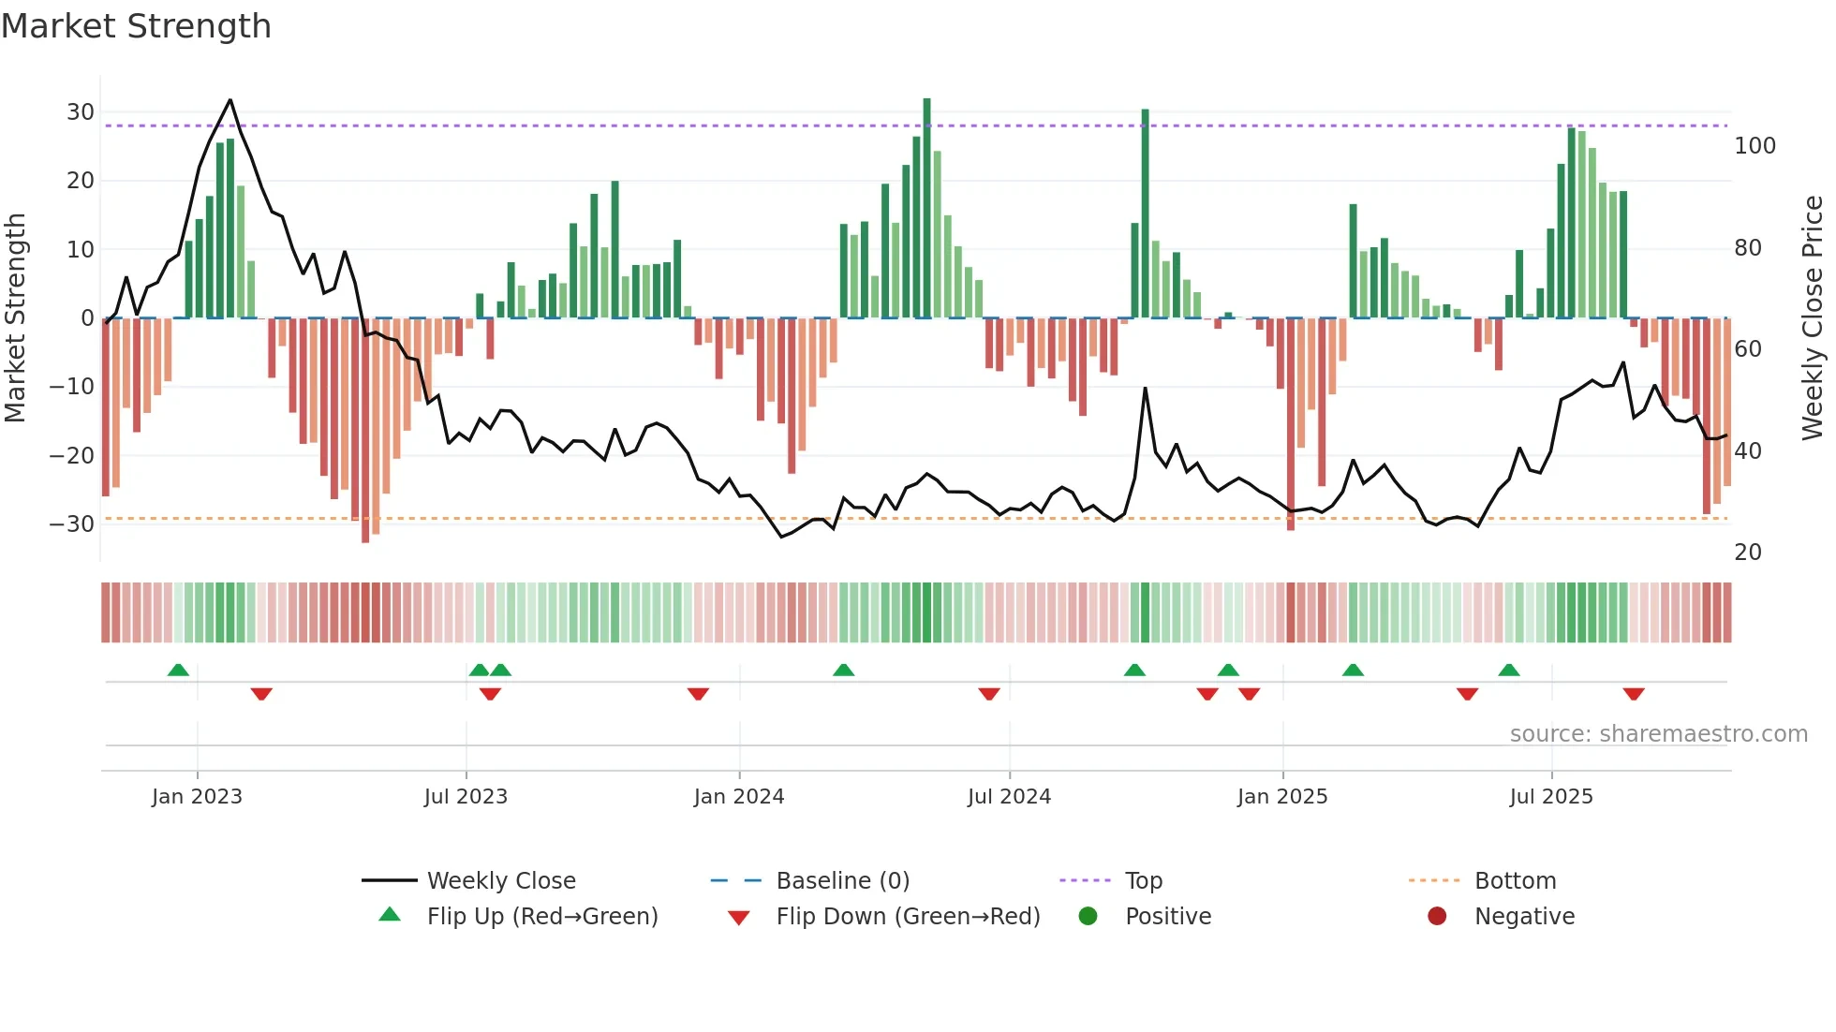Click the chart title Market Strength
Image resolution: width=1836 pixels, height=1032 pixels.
[x=136, y=26]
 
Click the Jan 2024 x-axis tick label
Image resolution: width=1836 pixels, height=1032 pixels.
[x=738, y=797]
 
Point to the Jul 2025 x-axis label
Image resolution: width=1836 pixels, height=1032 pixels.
[x=1550, y=797]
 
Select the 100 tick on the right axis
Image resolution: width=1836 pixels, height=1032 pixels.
[x=1755, y=146]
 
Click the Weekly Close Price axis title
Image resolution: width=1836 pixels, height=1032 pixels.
[x=1812, y=318]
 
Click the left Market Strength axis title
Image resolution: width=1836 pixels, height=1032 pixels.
[x=16, y=318]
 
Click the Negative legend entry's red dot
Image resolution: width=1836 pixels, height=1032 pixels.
[x=1436, y=917]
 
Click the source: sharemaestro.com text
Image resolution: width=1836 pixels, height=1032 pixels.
[x=1658, y=734]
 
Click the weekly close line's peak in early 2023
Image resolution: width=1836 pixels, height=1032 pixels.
[x=230, y=100]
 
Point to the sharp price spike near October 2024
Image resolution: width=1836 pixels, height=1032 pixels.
[x=1145, y=388]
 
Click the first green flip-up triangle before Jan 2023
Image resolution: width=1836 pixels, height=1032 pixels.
[x=178, y=670]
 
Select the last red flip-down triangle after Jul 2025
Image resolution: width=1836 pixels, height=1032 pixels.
[x=1634, y=694]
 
